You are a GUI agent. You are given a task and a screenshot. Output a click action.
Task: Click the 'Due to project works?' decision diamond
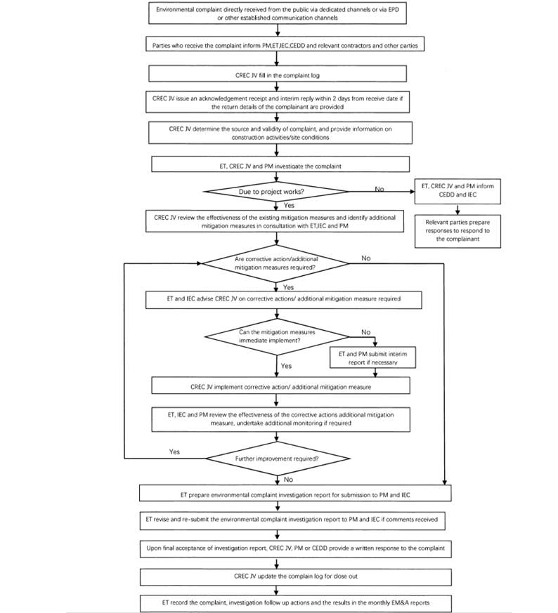tap(276, 191)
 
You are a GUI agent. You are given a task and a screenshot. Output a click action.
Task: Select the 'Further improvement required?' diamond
tap(276, 459)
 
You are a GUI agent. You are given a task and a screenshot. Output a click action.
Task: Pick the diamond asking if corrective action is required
tap(276, 263)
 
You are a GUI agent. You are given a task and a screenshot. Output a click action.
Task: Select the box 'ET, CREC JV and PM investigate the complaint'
tap(279, 164)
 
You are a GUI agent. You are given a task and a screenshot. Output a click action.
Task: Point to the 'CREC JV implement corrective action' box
tap(279, 386)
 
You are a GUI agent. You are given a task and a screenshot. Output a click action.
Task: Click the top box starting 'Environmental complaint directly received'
tap(279, 13)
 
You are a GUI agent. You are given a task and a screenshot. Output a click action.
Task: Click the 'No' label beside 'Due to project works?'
tap(380, 188)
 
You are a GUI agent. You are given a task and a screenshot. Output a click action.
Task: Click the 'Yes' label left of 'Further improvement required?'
tap(175, 451)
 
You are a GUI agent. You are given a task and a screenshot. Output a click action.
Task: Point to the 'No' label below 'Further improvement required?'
tap(288, 479)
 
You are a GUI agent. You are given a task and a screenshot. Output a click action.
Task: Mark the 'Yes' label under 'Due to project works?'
tap(289, 206)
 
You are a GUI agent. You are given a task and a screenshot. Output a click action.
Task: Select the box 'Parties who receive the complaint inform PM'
tap(279, 45)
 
